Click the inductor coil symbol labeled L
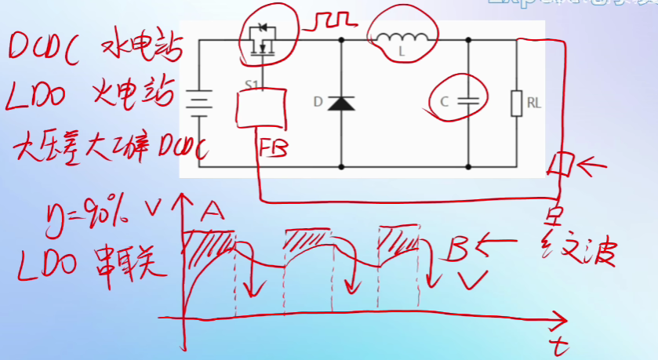402,38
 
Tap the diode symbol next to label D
341,103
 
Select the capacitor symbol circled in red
468,101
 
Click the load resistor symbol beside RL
516,103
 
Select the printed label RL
533,102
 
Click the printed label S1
250,82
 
